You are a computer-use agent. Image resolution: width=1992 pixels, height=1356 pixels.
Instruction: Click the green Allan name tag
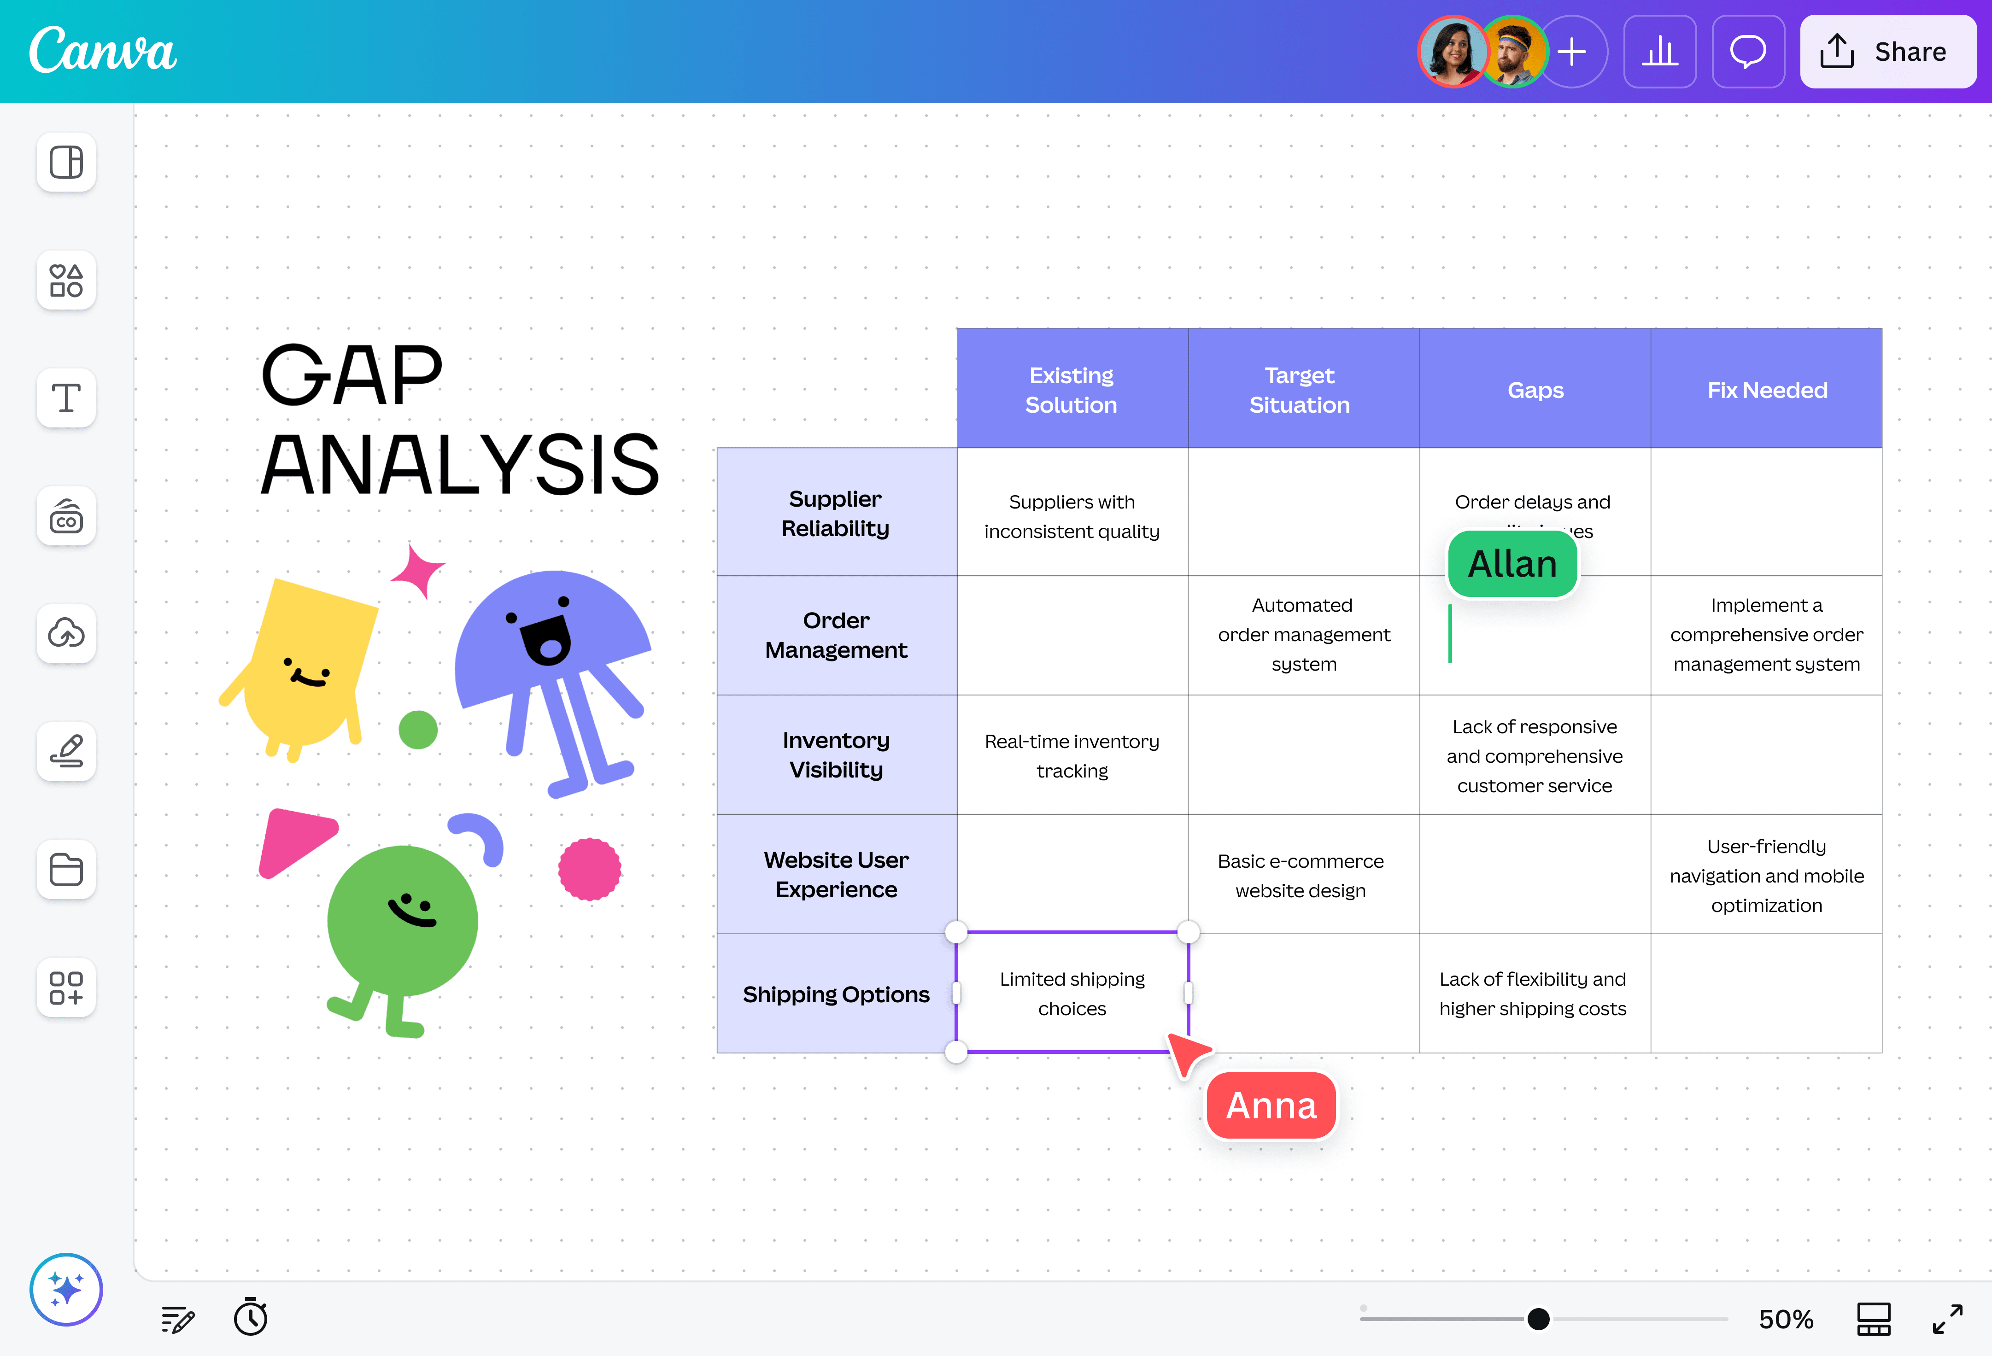pos(1512,564)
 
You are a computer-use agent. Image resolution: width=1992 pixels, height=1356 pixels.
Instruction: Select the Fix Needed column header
pos(1767,390)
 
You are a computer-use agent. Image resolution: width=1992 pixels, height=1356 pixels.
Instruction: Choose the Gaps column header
pos(1535,390)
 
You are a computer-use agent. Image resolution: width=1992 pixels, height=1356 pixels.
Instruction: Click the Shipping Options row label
pos(836,994)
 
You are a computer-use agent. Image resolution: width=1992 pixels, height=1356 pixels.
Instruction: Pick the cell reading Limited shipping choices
pos(1072,994)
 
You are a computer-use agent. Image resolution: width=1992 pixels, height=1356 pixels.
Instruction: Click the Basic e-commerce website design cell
pos(1301,875)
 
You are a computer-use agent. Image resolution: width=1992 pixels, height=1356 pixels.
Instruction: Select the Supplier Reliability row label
pos(836,514)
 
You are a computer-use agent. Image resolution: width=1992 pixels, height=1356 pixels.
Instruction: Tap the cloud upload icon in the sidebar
pos(66,633)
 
